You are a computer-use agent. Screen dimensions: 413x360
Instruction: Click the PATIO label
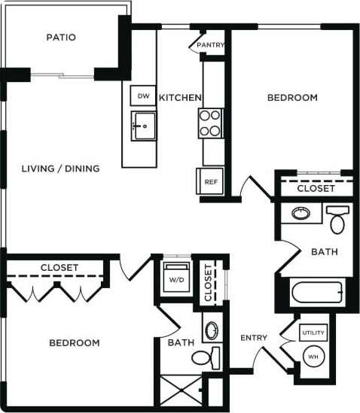click(x=61, y=37)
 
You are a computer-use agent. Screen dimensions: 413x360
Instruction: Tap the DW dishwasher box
click(x=142, y=96)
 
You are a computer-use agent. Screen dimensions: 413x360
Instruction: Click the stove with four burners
click(x=211, y=123)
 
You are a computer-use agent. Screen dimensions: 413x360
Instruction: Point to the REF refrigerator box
click(x=210, y=181)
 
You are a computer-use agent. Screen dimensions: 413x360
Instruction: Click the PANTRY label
click(x=210, y=45)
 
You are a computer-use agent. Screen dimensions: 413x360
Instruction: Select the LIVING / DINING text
click(x=60, y=169)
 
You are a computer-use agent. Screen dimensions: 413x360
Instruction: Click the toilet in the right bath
click(x=337, y=220)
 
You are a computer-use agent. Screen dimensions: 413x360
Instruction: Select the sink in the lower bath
click(x=211, y=330)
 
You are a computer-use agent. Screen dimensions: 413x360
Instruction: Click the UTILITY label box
click(x=313, y=333)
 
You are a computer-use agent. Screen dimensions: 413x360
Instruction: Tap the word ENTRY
click(x=255, y=338)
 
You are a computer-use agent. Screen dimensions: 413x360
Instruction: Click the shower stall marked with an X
click(x=181, y=391)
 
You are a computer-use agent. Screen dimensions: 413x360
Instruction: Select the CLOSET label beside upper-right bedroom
click(x=316, y=189)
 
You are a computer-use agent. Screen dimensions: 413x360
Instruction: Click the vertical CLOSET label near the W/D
click(x=208, y=284)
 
